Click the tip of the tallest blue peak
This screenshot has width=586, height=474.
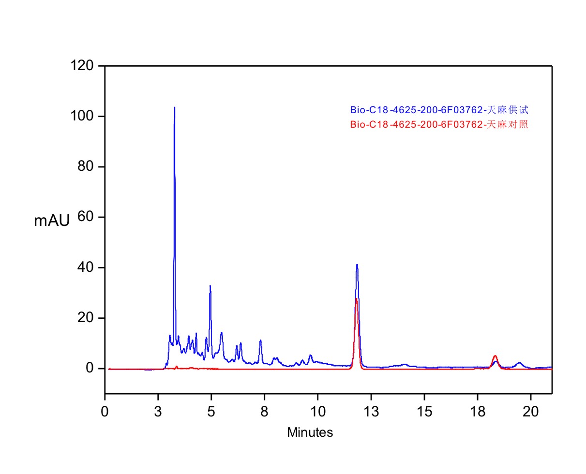point(175,107)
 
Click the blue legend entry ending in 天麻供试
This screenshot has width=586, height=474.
point(439,110)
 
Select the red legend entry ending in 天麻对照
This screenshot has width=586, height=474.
point(439,124)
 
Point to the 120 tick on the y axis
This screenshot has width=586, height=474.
point(85,66)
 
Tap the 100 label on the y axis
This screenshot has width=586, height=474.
point(85,117)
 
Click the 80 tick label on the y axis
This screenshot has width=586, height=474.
point(88,167)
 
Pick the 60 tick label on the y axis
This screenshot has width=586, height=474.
point(88,217)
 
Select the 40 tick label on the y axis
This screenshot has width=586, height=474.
point(88,267)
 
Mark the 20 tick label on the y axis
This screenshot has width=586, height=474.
point(88,318)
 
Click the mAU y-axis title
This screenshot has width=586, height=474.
point(52,221)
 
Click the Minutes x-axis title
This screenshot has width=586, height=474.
point(310,432)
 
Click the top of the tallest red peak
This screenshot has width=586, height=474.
point(356,299)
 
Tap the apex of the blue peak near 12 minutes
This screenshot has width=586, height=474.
point(357,265)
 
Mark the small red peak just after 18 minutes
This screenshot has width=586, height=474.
point(495,356)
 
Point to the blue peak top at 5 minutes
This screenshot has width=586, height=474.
point(210,286)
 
